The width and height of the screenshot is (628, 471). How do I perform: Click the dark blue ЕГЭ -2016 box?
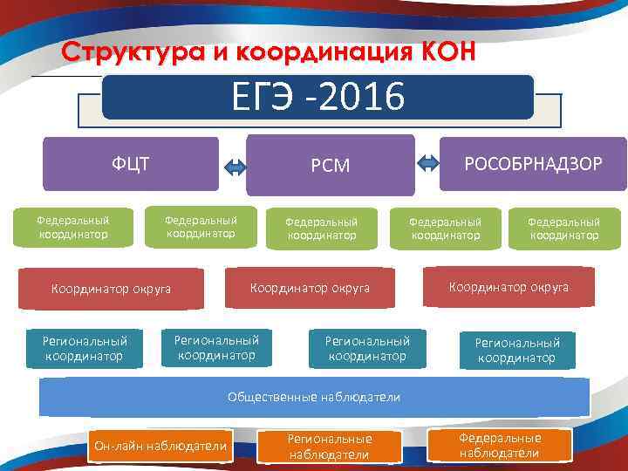[x=317, y=96]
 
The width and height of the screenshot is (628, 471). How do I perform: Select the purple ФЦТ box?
[x=131, y=163]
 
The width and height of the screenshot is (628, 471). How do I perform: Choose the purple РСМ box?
[x=331, y=165]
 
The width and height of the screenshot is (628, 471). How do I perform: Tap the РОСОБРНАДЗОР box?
[x=533, y=163]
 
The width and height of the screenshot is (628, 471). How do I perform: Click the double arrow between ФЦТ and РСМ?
[x=235, y=167]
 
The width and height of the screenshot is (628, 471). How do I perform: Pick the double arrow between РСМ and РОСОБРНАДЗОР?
[x=428, y=162]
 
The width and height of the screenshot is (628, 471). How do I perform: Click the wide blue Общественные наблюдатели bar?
[x=314, y=397]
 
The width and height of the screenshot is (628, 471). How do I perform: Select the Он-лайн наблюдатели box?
[x=160, y=447]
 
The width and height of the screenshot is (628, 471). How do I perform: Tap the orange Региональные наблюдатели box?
[x=330, y=446]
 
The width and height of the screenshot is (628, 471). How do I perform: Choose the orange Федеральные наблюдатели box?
[x=500, y=445]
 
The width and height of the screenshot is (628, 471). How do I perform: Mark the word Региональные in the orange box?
[x=330, y=439]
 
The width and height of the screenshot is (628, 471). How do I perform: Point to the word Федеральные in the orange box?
[x=500, y=438]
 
